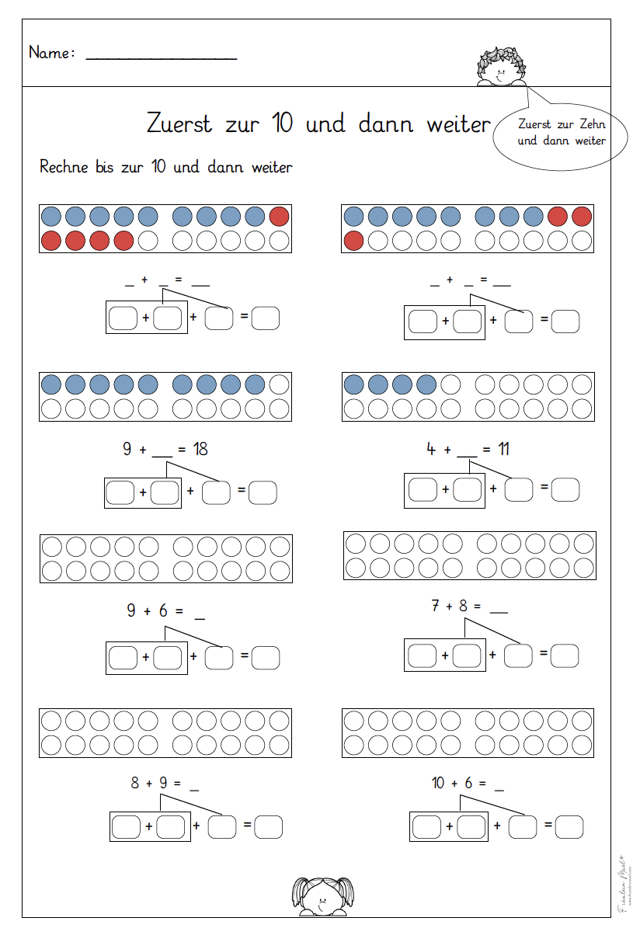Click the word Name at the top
point(51,53)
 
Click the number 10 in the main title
point(283,123)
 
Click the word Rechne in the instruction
point(63,167)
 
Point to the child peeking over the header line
point(499,66)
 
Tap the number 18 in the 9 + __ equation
point(200,449)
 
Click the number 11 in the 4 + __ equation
point(503,449)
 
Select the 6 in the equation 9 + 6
point(163,611)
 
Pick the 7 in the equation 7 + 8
point(437,605)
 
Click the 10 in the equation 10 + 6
point(439,783)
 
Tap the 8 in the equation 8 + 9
point(135,783)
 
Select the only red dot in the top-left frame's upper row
point(280,217)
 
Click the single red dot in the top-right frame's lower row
point(353,241)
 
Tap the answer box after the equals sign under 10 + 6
point(569,827)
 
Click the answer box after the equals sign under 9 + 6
point(266,658)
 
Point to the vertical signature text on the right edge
point(623,885)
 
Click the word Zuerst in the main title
point(179,123)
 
